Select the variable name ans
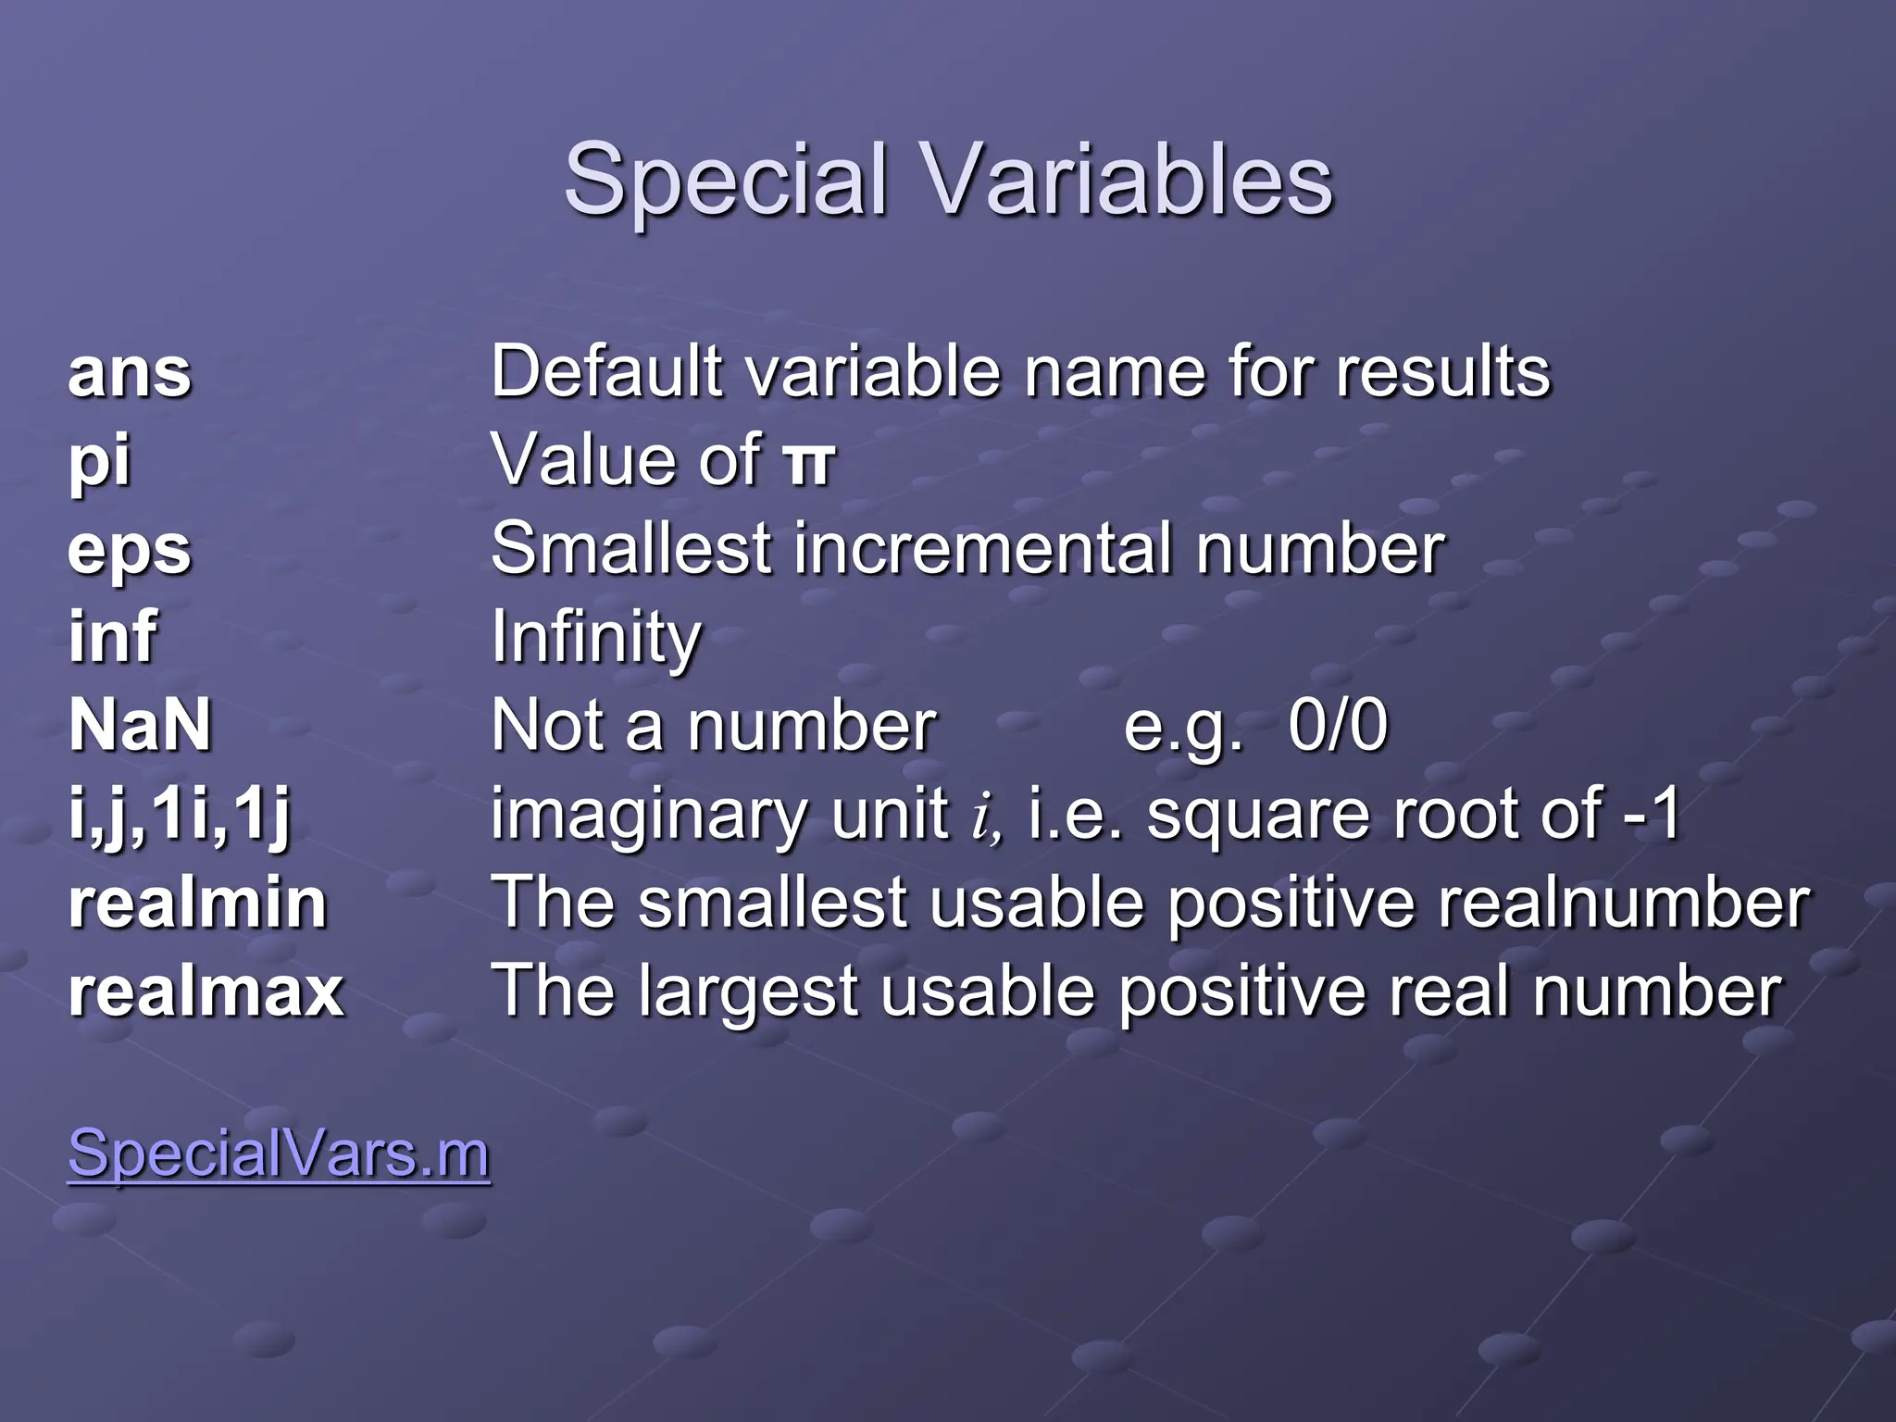click(130, 373)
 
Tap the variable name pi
click(99, 461)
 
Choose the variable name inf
click(113, 637)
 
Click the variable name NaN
click(141, 725)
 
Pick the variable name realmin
click(198, 903)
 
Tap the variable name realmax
click(206, 992)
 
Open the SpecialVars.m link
click(279, 1154)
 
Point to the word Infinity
click(596, 637)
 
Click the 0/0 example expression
click(1338, 725)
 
